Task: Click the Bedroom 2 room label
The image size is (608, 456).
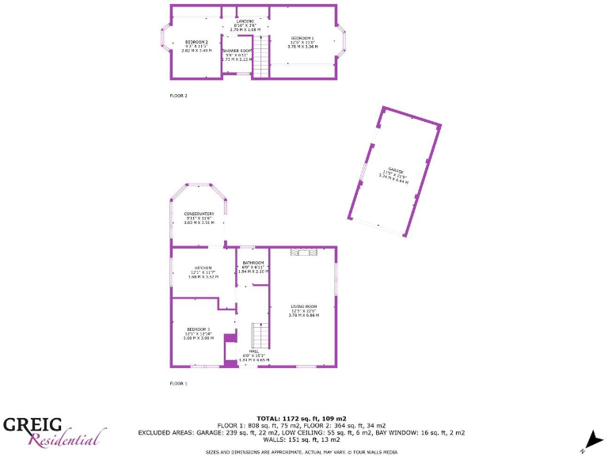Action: coord(196,42)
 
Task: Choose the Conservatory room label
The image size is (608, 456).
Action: coord(199,214)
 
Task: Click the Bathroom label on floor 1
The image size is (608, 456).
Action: coord(253,262)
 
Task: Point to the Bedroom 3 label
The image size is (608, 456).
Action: coord(198,329)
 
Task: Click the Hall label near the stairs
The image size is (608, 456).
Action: coord(254,351)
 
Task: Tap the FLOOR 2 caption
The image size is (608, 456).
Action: coord(178,96)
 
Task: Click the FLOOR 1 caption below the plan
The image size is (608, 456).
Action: coord(178,383)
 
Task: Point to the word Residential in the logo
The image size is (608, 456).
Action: coord(66,438)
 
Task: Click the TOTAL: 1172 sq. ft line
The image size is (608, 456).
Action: coord(302,418)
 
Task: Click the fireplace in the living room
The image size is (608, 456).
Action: coord(303,253)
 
